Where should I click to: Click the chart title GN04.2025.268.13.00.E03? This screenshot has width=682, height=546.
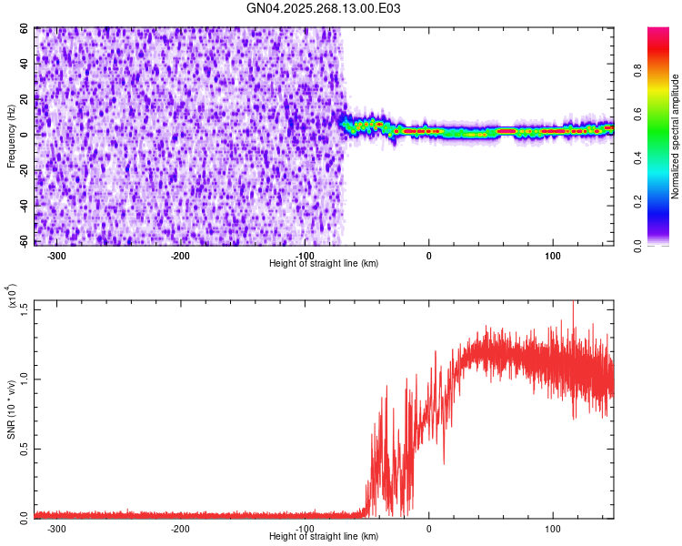[324, 8]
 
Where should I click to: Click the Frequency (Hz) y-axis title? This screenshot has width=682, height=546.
[12, 136]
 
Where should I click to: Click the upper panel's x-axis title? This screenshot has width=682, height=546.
[324, 263]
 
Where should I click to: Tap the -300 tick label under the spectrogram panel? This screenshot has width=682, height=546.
[56, 256]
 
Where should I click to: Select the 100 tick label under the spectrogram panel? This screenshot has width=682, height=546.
[552, 256]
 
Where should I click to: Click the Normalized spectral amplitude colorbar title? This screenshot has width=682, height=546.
[676, 136]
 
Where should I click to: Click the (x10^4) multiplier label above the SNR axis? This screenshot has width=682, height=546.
[12, 297]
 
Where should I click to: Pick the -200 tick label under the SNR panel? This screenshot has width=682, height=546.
[180, 528]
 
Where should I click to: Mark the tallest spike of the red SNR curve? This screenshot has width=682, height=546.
[573, 303]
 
